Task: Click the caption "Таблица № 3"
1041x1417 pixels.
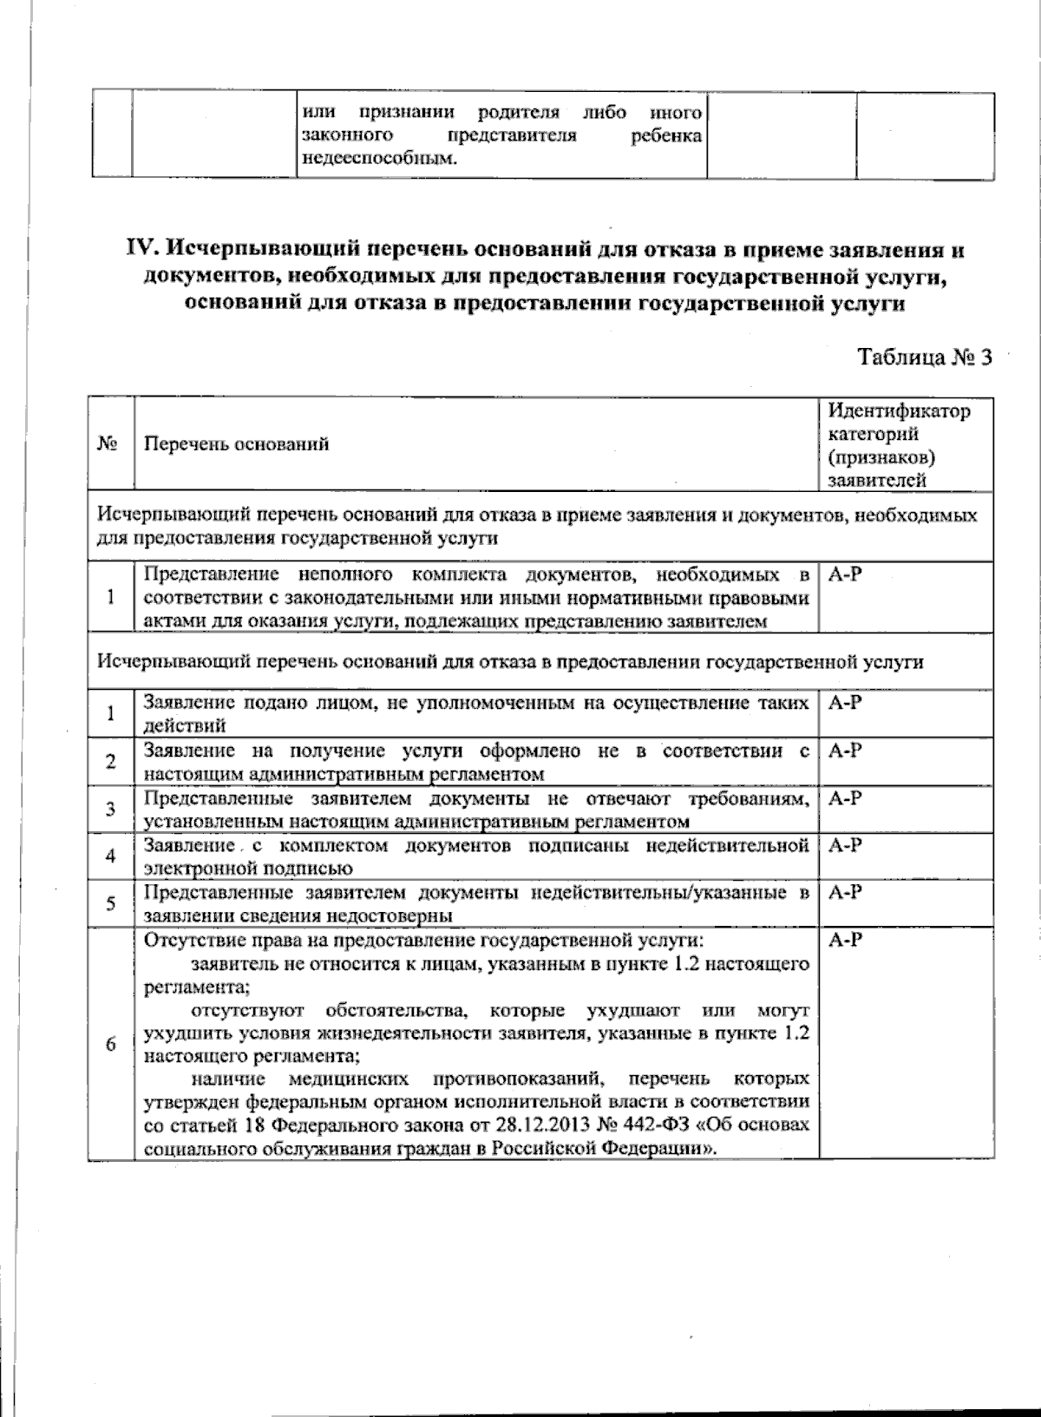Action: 923,358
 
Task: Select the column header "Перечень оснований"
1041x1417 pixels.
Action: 236,445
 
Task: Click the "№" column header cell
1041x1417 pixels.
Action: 109,445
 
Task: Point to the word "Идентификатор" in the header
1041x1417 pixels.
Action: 900,410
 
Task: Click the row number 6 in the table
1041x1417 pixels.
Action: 110,1044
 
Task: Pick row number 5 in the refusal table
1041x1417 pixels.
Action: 110,903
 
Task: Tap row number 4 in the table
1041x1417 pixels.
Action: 110,856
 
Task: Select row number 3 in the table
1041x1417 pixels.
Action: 110,810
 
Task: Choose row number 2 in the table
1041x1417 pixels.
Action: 110,762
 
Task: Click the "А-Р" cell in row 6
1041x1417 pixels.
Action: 845,940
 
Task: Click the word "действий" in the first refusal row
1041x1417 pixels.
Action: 185,725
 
